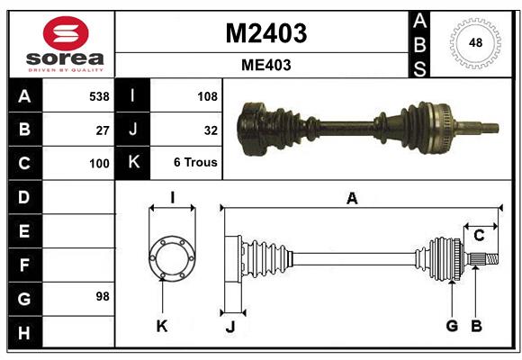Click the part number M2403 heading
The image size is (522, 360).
(x=265, y=33)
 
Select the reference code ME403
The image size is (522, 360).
(x=265, y=65)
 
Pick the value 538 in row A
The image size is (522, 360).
(x=98, y=96)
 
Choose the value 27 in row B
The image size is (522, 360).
(x=103, y=130)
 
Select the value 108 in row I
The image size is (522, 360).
(x=207, y=96)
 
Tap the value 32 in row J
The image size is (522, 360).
(x=211, y=130)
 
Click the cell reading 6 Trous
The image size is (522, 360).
(x=196, y=163)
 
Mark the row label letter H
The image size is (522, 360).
(x=24, y=334)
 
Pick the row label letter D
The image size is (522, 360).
(x=24, y=197)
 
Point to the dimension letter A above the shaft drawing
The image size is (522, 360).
(x=352, y=199)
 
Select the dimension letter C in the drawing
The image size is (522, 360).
(x=480, y=236)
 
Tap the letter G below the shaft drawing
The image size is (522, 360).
(x=452, y=325)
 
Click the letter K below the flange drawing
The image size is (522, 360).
(x=162, y=326)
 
